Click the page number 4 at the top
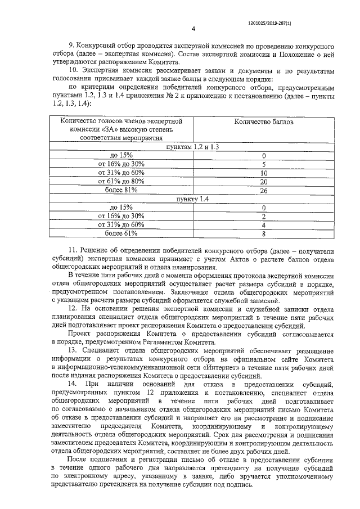(193, 29)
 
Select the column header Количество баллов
(263, 121)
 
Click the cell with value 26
(263, 190)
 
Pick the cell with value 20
(263, 182)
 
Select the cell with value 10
(263, 173)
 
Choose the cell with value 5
(263, 164)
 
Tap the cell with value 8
(263, 233)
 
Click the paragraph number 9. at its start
(71, 43)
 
